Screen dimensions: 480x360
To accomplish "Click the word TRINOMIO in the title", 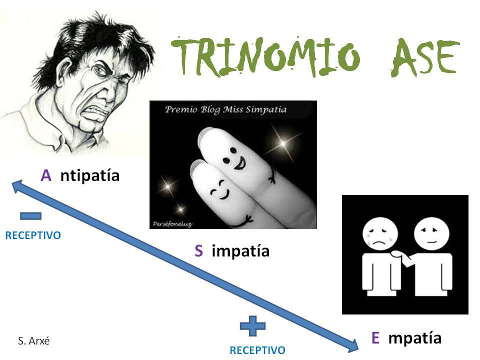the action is click(265, 57).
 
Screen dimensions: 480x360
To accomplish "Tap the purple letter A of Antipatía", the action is click(46, 175).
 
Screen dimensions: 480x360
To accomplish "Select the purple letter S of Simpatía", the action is click(198, 250).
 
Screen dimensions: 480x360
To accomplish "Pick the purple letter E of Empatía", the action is click(375, 338).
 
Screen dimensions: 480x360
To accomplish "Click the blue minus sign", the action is click(30, 216).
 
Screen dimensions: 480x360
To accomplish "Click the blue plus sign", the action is click(252, 326).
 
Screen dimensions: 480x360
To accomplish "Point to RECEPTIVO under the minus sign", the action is click(33, 235).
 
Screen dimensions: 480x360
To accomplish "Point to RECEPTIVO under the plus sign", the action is click(257, 350).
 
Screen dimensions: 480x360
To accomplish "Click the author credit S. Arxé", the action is click(33, 340).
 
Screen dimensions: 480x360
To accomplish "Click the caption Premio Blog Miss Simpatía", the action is click(225, 109).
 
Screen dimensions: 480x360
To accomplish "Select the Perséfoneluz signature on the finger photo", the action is click(172, 224).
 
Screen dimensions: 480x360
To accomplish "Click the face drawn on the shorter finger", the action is click(220, 190).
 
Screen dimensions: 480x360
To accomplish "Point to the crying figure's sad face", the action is click(380, 234).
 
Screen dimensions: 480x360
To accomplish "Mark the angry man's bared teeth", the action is click(98, 110).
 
